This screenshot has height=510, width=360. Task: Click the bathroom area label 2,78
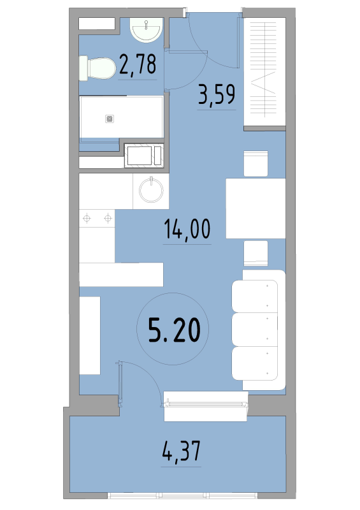click(x=138, y=64)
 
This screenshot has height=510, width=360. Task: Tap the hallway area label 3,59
click(x=217, y=94)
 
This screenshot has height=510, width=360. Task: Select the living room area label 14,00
click(x=187, y=229)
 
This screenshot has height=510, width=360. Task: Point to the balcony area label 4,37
click(x=182, y=451)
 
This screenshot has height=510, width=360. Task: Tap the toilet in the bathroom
click(x=97, y=68)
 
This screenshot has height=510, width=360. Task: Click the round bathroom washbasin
click(x=147, y=30)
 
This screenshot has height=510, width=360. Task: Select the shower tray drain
click(x=110, y=119)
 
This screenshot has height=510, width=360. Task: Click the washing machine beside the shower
click(x=144, y=156)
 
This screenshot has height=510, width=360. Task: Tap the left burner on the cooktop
click(x=87, y=218)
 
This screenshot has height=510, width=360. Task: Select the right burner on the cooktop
click(x=108, y=218)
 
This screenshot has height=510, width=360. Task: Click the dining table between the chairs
click(x=256, y=208)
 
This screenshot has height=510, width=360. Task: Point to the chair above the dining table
click(x=256, y=164)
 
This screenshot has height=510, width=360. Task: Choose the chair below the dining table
click(x=256, y=253)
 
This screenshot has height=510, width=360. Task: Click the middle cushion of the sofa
click(x=255, y=330)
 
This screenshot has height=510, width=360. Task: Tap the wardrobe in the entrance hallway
click(x=264, y=71)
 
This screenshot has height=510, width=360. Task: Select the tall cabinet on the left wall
click(x=90, y=335)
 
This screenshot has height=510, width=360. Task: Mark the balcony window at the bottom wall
click(x=182, y=495)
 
